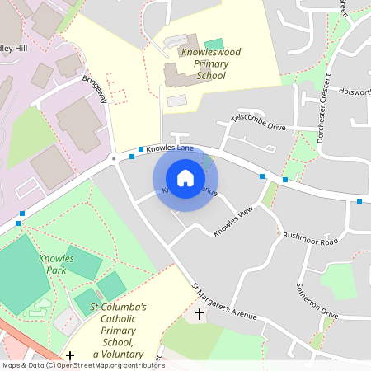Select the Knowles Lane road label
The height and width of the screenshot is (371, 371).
click(170, 148)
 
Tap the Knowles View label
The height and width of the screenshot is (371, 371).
click(232, 222)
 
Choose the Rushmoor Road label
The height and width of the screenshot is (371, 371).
click(311, 239)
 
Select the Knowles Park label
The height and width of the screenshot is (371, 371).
click(57, 264)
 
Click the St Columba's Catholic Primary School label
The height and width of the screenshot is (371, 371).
click(118, 331)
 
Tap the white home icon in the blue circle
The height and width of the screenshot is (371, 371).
click(185, 177)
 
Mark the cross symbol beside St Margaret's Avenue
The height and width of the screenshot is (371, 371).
click(199, 314)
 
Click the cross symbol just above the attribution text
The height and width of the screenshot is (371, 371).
click(70, 356)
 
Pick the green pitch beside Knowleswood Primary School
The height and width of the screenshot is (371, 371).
click(214, 44)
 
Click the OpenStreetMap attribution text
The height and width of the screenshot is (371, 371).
click(82, 365)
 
